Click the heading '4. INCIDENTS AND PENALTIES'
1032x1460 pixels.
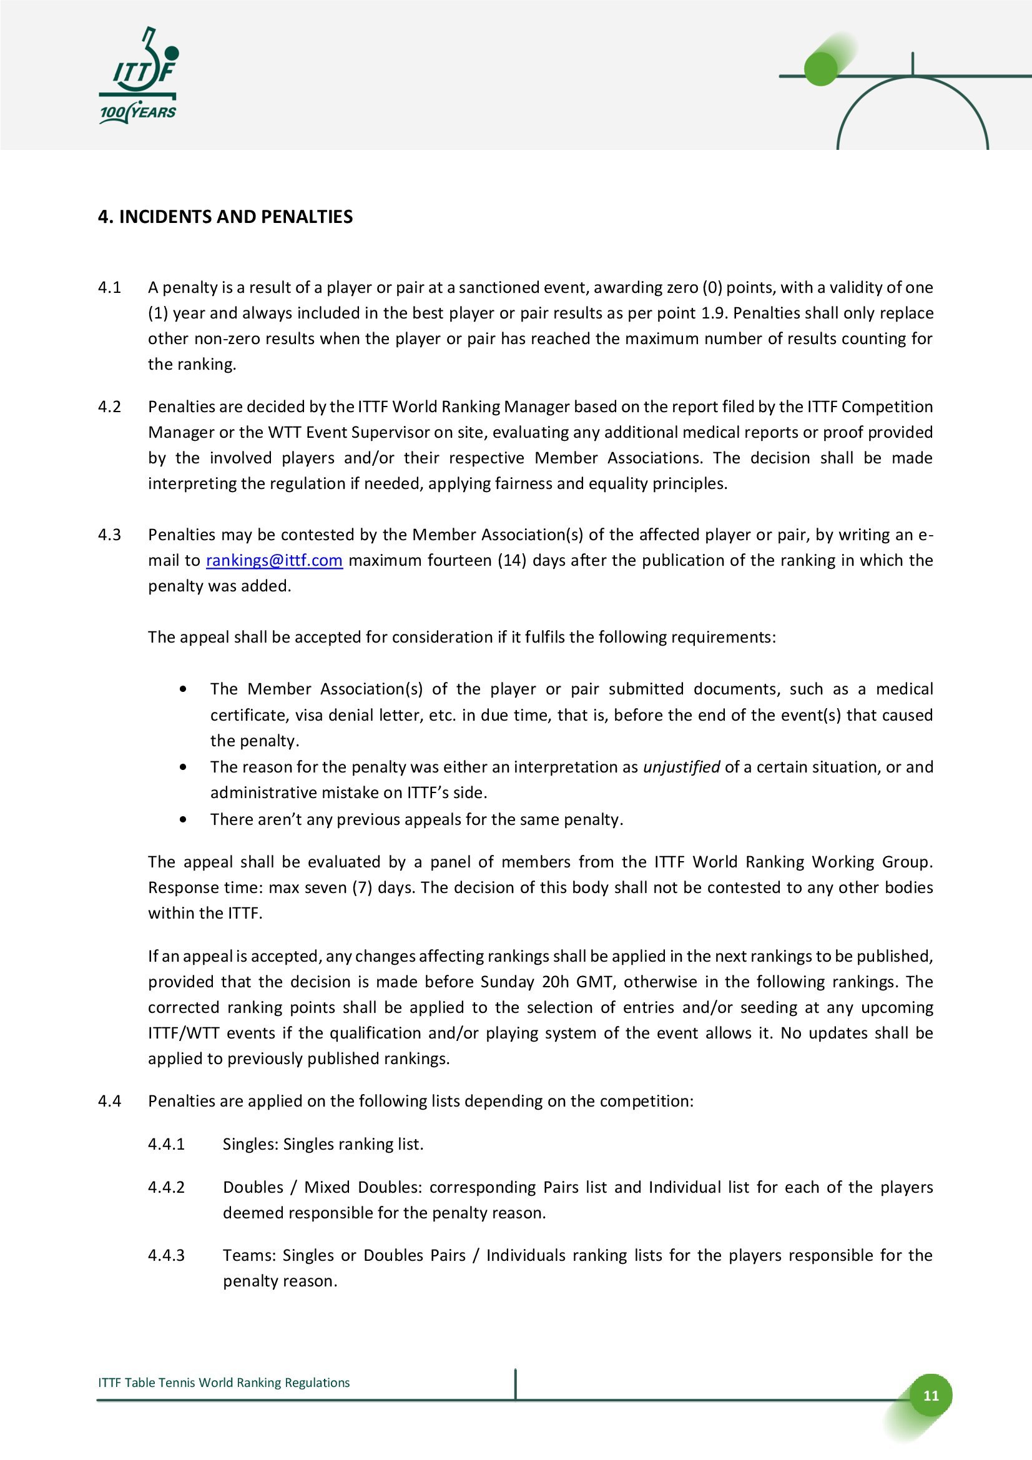pos(225,217)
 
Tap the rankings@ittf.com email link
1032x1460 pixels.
pos(274,560)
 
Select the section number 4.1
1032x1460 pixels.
pos(109,287)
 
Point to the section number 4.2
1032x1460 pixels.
pos(109,407)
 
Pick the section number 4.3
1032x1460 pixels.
pos(109,535)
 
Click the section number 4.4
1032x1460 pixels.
pos(109,1101)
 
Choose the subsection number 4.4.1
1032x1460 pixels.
pos(166,1144)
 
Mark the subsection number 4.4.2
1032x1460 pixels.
pos(166,1187)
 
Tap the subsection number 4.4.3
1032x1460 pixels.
pos(166,1255)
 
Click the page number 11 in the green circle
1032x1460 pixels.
pos(931,1395)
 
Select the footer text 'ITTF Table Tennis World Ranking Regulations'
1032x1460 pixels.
pos(224,1383)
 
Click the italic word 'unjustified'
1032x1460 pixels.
pos(681,767)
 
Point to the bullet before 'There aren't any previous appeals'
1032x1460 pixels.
pos(184,820)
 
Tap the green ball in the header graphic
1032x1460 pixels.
pos(821,69)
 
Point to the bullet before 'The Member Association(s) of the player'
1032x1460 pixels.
pos(184,689)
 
